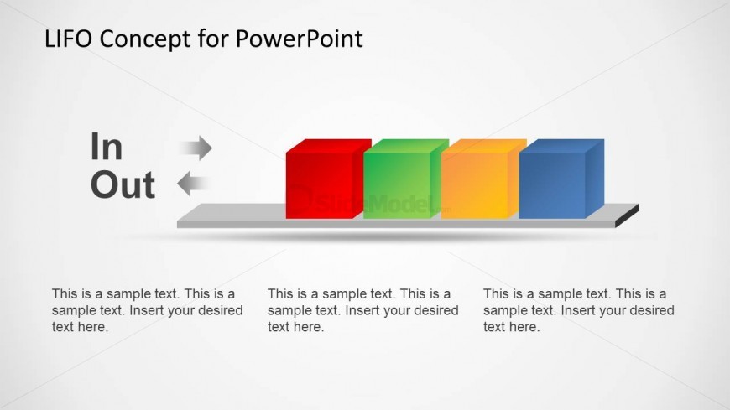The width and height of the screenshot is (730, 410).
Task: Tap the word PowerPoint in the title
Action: click(x=299, y=39)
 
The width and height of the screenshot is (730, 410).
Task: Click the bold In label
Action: click(x=107, y=146)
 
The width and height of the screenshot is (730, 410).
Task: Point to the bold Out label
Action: click(x=123, y=184)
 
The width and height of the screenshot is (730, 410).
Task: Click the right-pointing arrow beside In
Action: click(x=196, y=148)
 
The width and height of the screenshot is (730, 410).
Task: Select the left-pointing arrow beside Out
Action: click(x=194, y=184)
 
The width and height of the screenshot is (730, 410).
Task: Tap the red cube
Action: click(x=328, y=179)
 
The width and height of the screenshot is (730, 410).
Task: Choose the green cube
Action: click(x=405, y=179)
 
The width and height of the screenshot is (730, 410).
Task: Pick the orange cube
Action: click(x=483, y=179)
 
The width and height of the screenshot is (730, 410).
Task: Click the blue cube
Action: click(x=561, y=179)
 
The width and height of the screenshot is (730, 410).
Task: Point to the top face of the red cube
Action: click(x=329, y=146)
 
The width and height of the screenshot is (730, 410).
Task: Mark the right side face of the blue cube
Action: click(x=595, y=179)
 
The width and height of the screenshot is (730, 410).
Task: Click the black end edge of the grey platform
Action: click(x=627, y=216)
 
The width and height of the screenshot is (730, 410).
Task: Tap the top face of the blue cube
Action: click(x=561, y=146)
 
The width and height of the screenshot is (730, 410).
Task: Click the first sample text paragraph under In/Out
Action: click(x=147, y=310)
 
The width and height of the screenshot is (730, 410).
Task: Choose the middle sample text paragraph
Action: click(x=362, y=310)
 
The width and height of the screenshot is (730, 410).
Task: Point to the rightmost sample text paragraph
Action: click(x=579, y=310)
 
